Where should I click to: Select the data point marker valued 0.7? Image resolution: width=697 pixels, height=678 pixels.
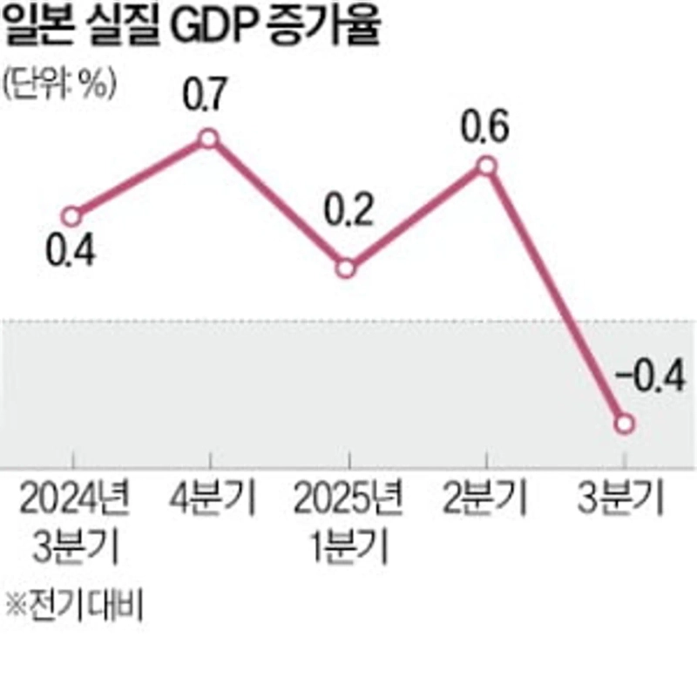coord(208,138)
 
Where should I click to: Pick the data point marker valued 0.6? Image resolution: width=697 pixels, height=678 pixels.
coord(486,166)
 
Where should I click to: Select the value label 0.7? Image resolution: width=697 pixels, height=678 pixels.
coord(206,93)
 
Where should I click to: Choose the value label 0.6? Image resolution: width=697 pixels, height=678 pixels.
coord(485,123)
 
